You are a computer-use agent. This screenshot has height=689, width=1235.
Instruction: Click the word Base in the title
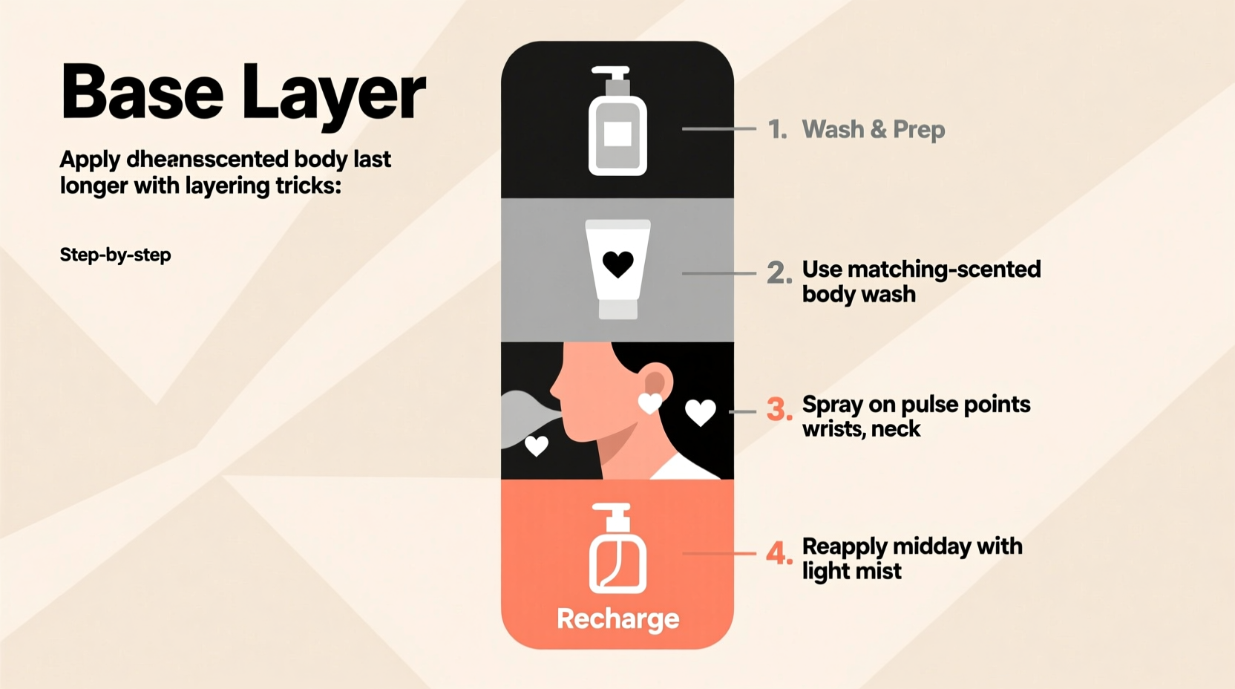tap(142, 92)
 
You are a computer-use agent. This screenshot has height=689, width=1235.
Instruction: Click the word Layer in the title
tap(333, 94)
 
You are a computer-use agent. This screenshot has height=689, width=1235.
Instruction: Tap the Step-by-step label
tap(115, 255)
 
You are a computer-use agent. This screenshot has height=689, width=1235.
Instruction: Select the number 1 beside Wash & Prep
tap(776, 130)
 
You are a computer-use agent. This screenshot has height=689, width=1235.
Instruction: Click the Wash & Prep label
tap(874, 129)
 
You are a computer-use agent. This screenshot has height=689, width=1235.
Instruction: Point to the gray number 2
tap(779, 273)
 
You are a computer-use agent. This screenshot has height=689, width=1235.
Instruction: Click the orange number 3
tap(779, 409)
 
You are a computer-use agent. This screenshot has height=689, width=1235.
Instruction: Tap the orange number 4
tap(779, 553)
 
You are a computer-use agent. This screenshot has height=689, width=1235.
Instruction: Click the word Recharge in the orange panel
tap(617, 618)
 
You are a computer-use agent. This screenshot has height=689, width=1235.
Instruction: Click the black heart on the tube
tap(617, 264)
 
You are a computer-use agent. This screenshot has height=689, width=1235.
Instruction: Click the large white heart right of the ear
tap(700, 412)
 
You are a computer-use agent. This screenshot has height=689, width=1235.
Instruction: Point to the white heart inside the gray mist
tap(536, 445)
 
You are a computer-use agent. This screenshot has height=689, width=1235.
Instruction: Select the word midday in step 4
tap(931, 546)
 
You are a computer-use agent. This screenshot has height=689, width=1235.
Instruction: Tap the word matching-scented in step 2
tap(944, 269)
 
